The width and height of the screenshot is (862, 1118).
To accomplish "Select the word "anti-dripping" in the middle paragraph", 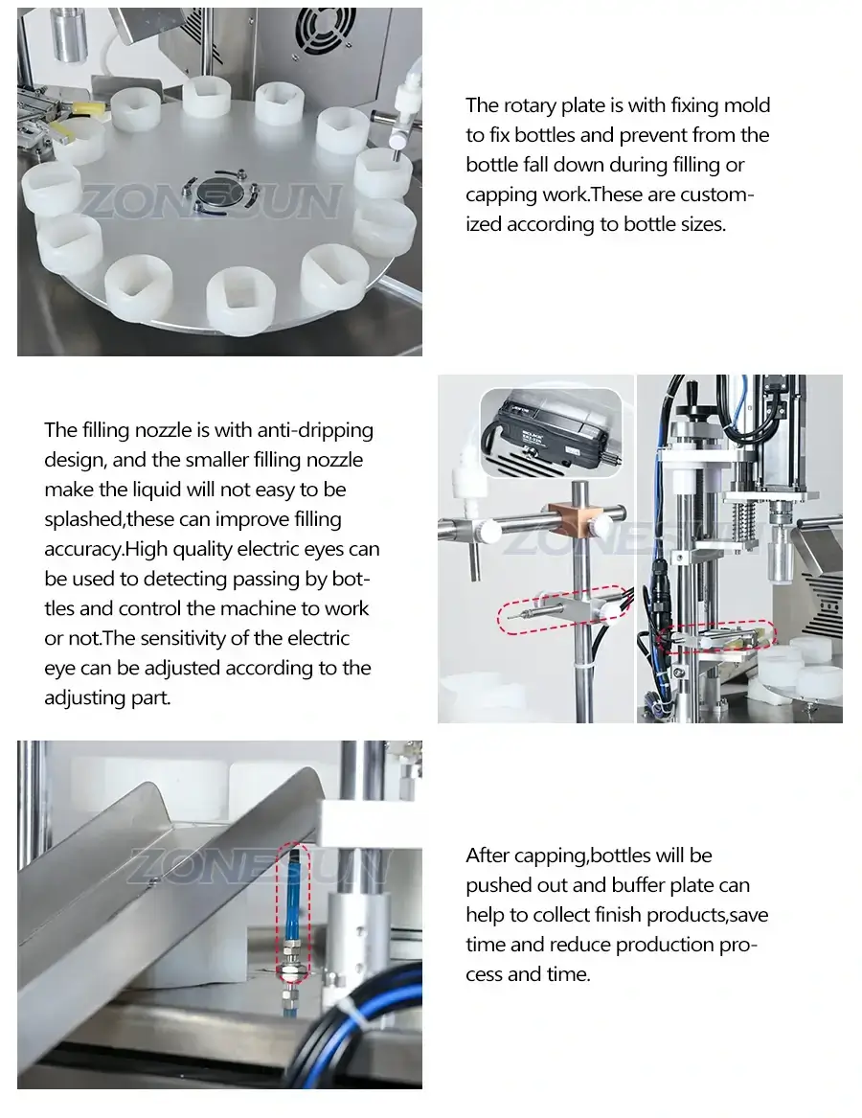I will click(319, 430).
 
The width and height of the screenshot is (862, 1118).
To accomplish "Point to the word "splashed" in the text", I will click(83, 520).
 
